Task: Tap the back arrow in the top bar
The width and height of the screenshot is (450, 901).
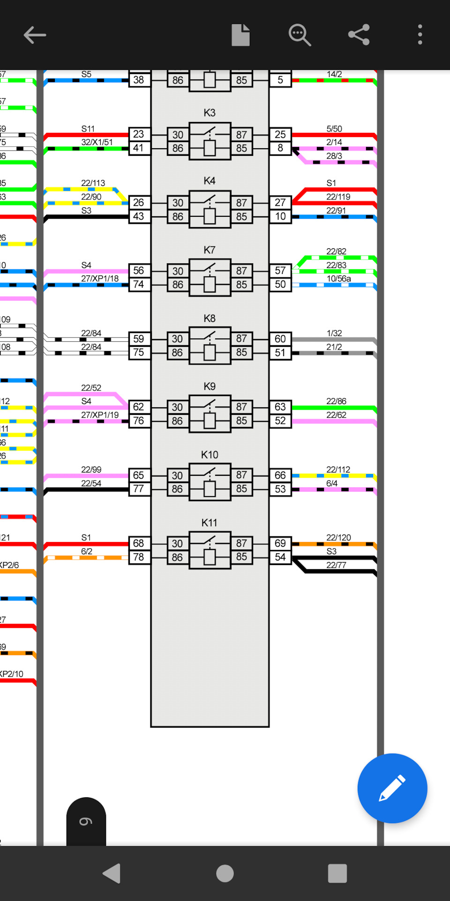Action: click(35, 35)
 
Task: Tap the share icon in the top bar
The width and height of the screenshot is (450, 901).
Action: click(359, 35)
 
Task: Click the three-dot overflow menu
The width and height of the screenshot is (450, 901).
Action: click(420, 35)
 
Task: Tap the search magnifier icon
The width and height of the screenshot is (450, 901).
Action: click(300, 35)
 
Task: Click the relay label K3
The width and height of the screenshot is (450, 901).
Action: click(210, 113)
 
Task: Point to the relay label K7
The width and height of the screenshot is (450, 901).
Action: click(210, 250)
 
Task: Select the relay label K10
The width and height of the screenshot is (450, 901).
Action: click(210, 454)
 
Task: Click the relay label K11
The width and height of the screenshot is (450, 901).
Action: click(210, 522)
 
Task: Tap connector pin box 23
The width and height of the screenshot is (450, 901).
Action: click(139, 134)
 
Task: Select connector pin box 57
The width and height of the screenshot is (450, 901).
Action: click(280, 271)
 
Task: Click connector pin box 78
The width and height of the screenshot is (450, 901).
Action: click(139, 557)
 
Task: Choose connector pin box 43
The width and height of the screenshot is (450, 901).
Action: click(139, 216)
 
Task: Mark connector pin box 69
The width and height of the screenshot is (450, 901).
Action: click(280, 543)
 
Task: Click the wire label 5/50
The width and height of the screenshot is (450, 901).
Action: click(334, 129)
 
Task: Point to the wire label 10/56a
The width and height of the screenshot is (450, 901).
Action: click(339, 278)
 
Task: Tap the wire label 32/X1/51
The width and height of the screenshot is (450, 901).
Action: click(97, 142)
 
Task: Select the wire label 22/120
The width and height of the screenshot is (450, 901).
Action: click(338, 537)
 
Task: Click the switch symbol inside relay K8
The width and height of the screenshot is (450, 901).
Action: click(210, 336)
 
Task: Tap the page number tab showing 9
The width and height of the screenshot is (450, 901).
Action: click(86, 821)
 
